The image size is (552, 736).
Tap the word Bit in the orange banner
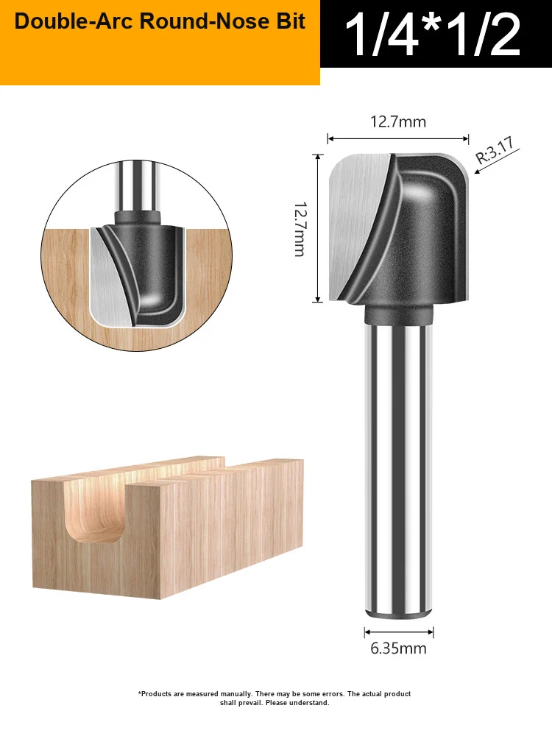[291, 21]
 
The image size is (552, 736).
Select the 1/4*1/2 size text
[433, 35]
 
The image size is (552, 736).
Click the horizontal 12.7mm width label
[398, 122]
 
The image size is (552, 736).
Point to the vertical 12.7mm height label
[300, 229]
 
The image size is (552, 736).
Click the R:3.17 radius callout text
[495, 150]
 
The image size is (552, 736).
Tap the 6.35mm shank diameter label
[398, 648]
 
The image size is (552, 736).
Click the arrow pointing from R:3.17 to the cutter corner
[497, 161]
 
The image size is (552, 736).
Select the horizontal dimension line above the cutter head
[398, 138]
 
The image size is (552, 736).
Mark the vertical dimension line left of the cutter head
[318, 228]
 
